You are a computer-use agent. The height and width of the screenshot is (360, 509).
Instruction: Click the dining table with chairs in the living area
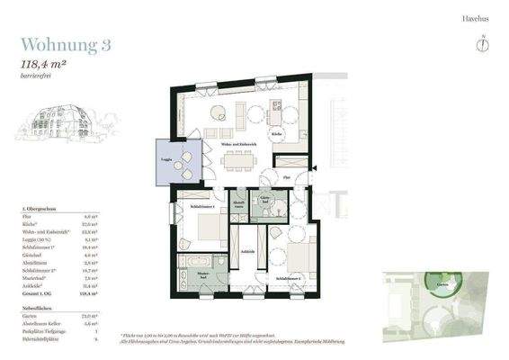pos(238,160)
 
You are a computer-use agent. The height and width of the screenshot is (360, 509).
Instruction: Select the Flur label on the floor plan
pos(286,177)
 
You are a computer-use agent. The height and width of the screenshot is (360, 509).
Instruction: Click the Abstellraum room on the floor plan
pos(239,205)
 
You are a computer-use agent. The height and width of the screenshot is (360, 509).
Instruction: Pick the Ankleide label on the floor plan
pos(249,251)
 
